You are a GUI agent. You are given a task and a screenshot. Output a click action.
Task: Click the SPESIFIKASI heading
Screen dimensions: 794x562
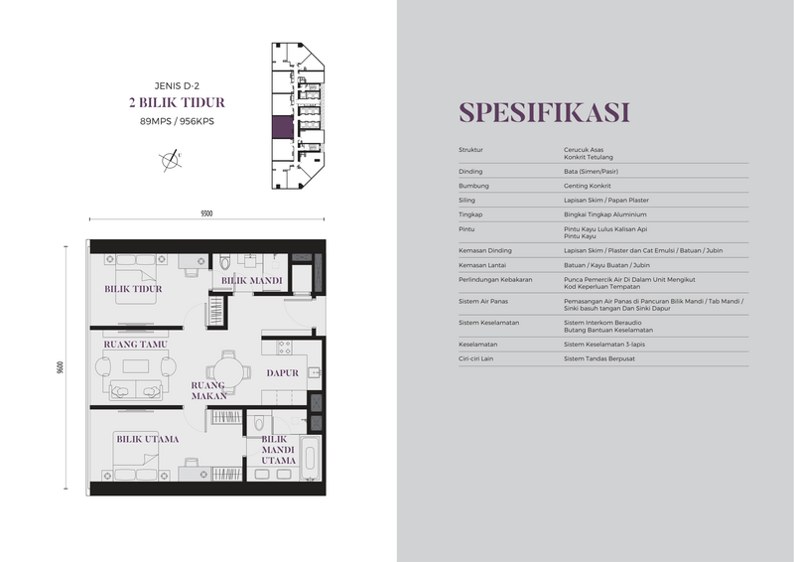(544, 112)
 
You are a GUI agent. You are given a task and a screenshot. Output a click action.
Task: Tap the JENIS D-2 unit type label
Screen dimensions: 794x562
(177, 85)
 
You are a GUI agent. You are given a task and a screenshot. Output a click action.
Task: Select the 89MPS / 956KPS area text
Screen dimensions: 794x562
(177, 121)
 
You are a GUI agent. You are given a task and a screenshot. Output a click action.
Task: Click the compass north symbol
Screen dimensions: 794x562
(171, 160)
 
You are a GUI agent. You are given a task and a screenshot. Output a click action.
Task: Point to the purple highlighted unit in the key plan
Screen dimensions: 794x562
(283, 127)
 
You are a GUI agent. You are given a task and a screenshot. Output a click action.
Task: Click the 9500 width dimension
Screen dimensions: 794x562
(206, 213)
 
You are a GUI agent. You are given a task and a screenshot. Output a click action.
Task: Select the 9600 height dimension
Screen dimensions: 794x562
(61, 367)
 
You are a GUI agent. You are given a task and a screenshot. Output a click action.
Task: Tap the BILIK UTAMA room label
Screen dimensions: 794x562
(147, 439)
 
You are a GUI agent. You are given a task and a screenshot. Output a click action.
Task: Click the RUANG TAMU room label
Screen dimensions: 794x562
(135, 345)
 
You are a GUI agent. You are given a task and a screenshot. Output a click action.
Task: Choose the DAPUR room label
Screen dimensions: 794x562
(283, 373)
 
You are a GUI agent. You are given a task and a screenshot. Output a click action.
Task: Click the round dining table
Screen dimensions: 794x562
(228, 372)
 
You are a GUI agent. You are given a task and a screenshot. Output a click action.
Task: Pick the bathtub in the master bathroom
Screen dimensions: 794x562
(310, 458)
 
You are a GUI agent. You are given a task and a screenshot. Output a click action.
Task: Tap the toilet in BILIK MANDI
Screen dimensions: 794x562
(225, 261)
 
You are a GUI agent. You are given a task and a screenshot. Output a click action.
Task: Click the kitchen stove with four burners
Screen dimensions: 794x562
(285, 348)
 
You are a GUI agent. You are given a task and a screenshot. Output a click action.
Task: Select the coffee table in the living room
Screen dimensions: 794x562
(136, 365)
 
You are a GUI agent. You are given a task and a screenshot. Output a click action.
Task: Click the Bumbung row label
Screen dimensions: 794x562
(473, 186)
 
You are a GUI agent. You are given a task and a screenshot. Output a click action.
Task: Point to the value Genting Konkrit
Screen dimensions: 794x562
(587, 186)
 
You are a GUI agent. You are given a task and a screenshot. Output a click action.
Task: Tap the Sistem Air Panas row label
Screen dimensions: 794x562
(483, 301)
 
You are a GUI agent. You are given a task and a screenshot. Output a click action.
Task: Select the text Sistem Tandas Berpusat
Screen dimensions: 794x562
(599, 358)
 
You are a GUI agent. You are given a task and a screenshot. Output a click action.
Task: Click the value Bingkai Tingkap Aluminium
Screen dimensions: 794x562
(604, 214)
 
